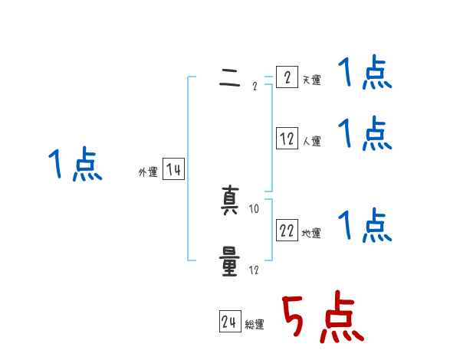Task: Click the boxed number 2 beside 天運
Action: point(286,77)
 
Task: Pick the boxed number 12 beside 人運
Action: point(287,139)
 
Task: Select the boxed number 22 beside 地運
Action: point(287,231)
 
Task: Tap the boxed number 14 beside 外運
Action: point(174,170)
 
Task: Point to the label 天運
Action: point(311,80)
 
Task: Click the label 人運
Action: point(311,141)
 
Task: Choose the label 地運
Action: point(311,233)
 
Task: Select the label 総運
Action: point(255,324)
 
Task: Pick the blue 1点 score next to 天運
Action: point(365,74)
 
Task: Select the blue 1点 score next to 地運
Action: point(365,226)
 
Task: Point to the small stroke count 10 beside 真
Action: point(255,208)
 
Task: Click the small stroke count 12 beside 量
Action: point(255,270)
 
